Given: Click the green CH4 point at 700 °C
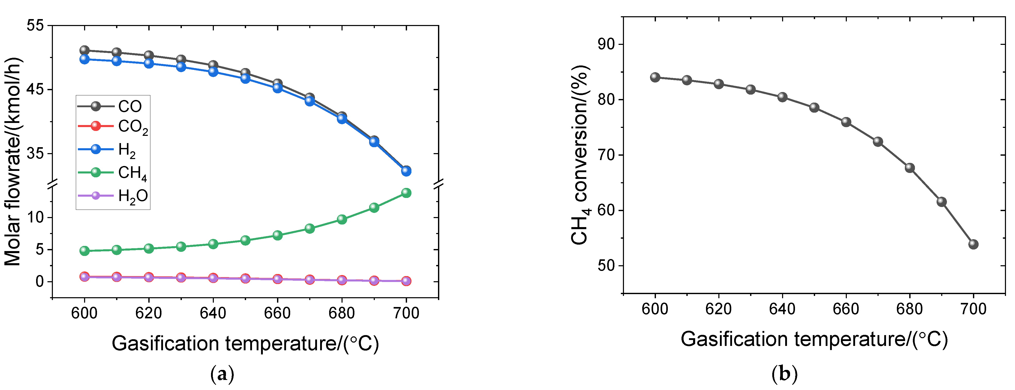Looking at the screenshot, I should pos(406,193).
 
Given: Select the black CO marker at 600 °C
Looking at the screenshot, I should pos(84,51).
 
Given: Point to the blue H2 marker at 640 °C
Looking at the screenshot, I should pos(213,72).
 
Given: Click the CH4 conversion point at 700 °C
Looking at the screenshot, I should pos(973,244).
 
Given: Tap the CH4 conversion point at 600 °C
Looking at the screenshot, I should pos(655,77).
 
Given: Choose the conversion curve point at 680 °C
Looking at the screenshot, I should pos(910,168).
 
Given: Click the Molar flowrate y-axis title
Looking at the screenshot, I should pos(13,162).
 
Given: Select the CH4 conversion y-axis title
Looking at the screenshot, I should pos(580,156).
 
